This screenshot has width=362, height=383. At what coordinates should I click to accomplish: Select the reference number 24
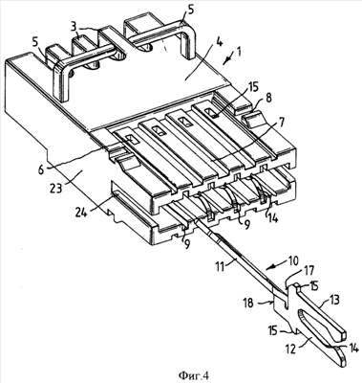[82, 213]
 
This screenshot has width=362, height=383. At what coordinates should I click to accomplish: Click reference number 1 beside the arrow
[239, 52]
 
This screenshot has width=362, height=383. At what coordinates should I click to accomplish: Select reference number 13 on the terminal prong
[332, 300]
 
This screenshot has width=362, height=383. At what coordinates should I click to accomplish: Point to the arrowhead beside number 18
[271, 302]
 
